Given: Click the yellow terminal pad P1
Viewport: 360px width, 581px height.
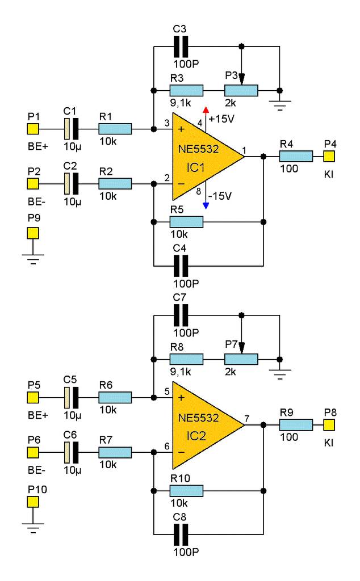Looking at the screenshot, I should point(33,129).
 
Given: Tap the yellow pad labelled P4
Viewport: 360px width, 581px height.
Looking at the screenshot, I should point(330,156).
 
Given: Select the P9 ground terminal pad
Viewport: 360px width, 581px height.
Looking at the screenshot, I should point(33,233).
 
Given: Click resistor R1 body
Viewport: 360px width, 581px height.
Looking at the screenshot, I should point(115,129).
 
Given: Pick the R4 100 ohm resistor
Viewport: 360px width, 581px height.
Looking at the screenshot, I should point(296,156).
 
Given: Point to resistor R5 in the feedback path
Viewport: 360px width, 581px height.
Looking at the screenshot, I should point(186,222).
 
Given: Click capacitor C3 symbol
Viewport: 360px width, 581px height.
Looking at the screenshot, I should point(181,45).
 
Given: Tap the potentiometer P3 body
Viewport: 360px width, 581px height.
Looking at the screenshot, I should point(241,90).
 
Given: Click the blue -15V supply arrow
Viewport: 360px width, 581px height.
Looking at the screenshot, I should point(206,204).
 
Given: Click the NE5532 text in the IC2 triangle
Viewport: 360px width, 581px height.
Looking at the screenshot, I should point(198,418).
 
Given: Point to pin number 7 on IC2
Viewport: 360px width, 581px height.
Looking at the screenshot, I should point(246,419).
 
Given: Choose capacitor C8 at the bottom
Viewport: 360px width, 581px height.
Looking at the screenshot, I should point(181,534).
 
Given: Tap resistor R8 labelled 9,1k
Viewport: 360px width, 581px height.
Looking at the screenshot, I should point(186,359).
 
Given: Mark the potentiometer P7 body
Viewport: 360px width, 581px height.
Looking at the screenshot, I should point(241,359).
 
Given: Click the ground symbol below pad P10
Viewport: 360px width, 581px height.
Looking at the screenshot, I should point(33,529).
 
